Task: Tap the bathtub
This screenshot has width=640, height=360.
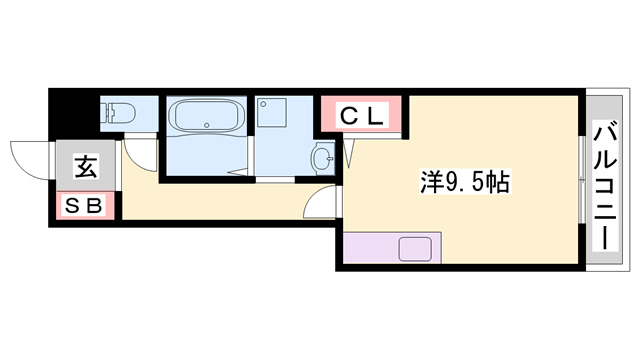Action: [x=205, y=119]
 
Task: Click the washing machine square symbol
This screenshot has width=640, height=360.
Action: [x=270, y=114]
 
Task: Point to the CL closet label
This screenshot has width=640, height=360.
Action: [x=362, y=116]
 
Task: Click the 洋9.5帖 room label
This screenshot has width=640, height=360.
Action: [x=466, y=182]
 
